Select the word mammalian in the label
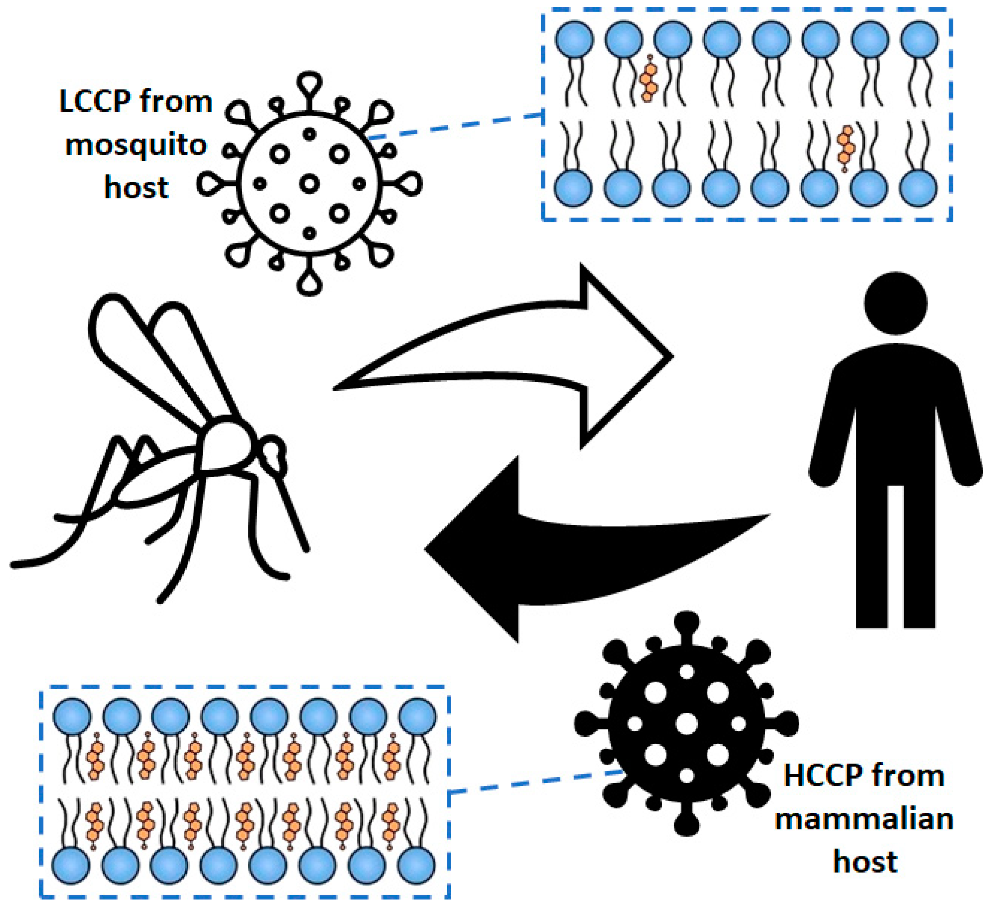pyautogui.click(x=864, y=819)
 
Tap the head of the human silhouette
pyautogui.click(x=895, y=303)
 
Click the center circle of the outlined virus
pyautogui.click(x=309, y=184)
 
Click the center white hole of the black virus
pyautogui.click(x=687, y=724)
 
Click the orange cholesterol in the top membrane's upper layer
pyautogui.click(x=649, y=79)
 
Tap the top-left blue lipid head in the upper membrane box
pyautogui.click(x=574, y=39)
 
